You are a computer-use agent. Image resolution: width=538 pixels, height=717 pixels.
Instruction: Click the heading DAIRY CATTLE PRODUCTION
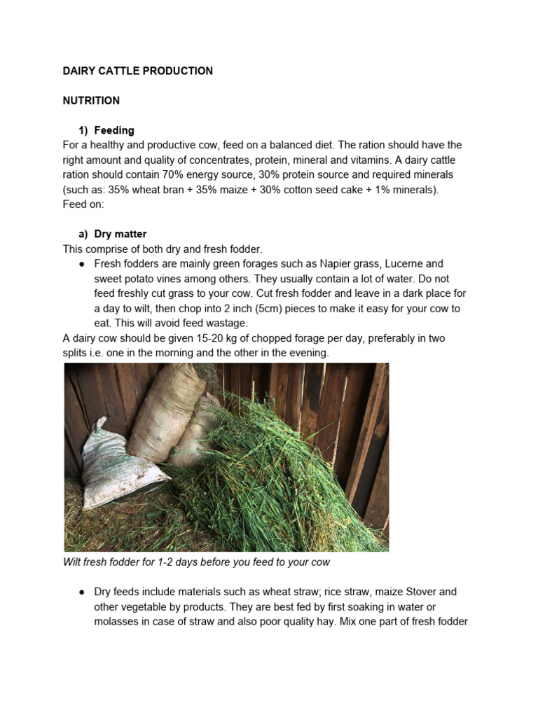(138, 71)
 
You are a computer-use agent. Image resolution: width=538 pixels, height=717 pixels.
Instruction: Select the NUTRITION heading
(91, 101)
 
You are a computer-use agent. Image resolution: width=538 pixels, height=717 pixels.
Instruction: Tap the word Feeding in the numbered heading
(114, 130)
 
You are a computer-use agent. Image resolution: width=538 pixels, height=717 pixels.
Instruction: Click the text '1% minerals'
(408, 190)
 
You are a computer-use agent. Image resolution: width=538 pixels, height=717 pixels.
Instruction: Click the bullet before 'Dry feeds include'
(82, 592)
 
